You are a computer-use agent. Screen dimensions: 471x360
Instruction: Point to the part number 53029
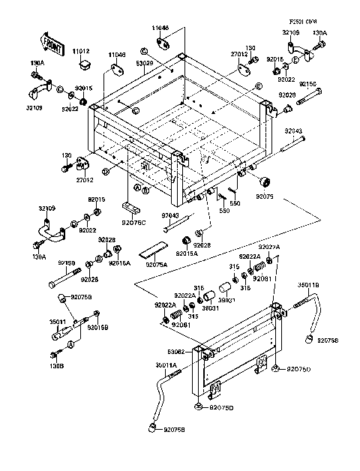tap(144, 64)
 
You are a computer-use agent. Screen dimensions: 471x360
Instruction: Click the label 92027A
tap(269, 247)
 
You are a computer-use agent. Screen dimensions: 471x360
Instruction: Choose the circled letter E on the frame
tap(259, 87)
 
